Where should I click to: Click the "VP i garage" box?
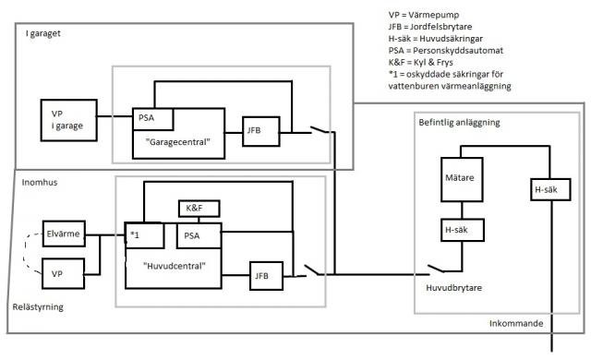[x=69, y=120]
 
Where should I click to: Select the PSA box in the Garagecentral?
[x=153, y=119]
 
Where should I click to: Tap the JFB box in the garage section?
[x=261, y=131]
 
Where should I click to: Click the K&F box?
[x=199, y=209]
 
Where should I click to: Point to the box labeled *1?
[x=145, y=235]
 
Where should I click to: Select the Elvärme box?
[x=64, y=234]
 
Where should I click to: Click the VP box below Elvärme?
[x=63, y=274]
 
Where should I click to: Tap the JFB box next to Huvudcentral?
[x=267, y=276]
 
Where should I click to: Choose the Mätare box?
[x=462, y=179]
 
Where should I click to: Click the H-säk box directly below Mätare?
[x=463, y=230]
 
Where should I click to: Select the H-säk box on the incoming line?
[x=550, y=189]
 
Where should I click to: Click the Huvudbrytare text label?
[x=453, y=288]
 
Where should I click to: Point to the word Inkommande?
[x=516, y=323]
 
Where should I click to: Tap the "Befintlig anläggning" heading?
[x=459, y=123]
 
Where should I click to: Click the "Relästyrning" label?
[x=38, y=306]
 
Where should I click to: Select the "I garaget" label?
[x=43, y=33]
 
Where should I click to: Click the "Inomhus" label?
[x=40, y=182]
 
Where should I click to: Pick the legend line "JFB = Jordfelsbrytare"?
[x=430, y=27]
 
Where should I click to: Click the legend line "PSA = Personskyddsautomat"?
[x=445, y=51]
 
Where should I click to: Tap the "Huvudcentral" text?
[x=175, y=266]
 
